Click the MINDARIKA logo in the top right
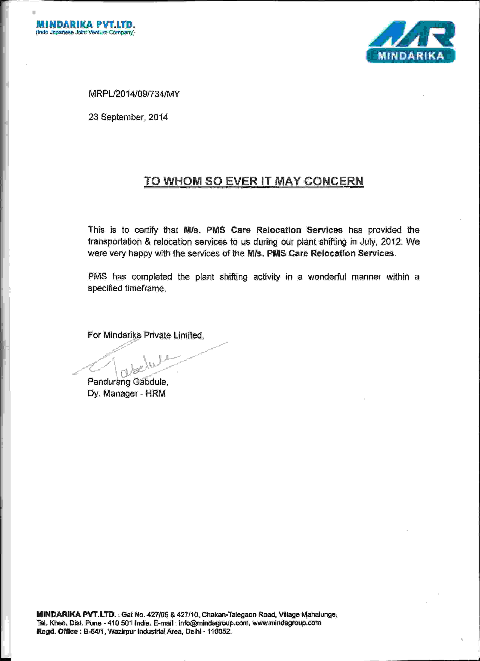coord(411,42)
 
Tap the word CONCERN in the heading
coord(334,181)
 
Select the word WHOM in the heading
coord(182,181)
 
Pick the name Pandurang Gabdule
coord(128,382)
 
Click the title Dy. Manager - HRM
coord(126,394)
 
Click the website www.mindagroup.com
coord(286,623)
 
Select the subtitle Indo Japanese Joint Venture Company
coord(85,32)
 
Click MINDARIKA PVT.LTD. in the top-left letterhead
coord(86,24)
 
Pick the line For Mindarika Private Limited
coord(146,335)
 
